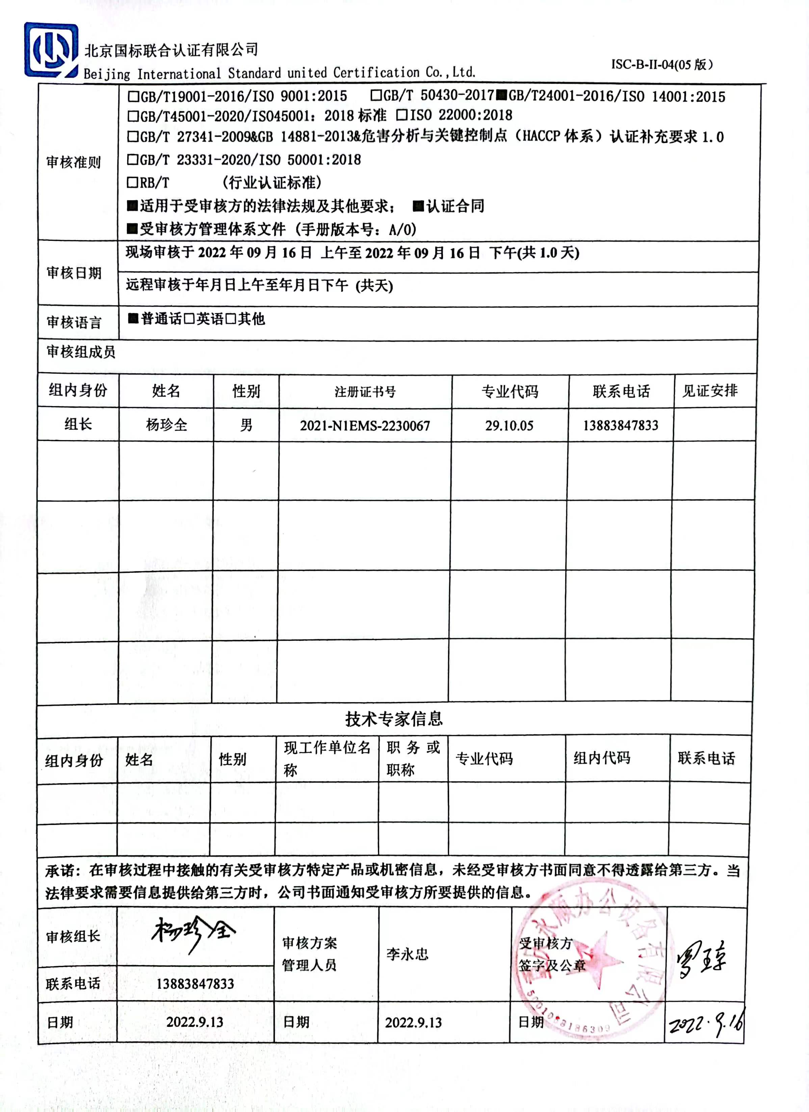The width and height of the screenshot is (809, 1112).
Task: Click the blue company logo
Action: point(51,50)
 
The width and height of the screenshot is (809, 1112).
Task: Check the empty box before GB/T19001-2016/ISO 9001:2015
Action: point(133,96)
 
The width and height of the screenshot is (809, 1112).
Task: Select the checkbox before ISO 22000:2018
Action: point(402,115)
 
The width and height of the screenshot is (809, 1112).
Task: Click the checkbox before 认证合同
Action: point(418,206)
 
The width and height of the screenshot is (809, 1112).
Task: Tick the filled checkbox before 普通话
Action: point(133,319)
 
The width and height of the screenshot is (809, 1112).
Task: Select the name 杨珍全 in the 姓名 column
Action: point(166,425)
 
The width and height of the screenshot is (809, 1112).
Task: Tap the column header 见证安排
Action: point(710,391)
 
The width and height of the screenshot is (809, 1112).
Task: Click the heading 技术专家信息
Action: point(394,719)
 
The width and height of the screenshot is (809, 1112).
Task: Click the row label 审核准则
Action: point(74,162)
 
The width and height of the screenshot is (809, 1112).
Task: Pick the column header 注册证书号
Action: point(365,392)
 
